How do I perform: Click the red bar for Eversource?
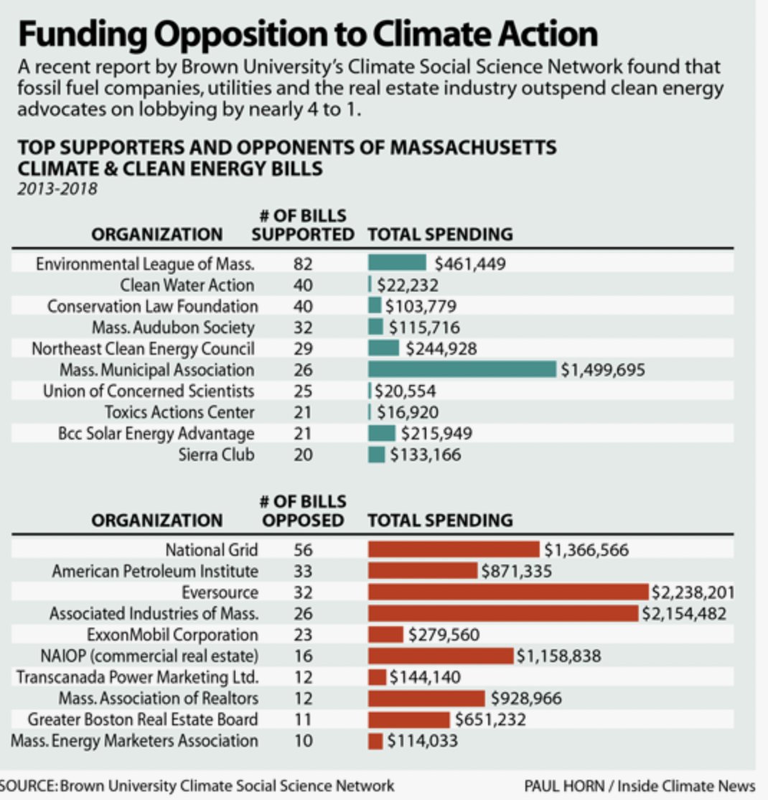click(508, 592)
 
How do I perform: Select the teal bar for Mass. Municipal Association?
click(462, 369)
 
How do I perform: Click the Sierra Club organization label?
click(216, 455)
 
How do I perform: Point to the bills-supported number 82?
click(302, 264)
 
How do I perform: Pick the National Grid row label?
click(212, 550)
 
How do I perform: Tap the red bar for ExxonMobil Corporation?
click(385, 635)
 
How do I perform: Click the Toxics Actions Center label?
click(179, 412)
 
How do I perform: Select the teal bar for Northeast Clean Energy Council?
click(383, 348)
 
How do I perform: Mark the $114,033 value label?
click(422, 740)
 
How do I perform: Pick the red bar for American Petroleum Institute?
click(422, 571)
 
